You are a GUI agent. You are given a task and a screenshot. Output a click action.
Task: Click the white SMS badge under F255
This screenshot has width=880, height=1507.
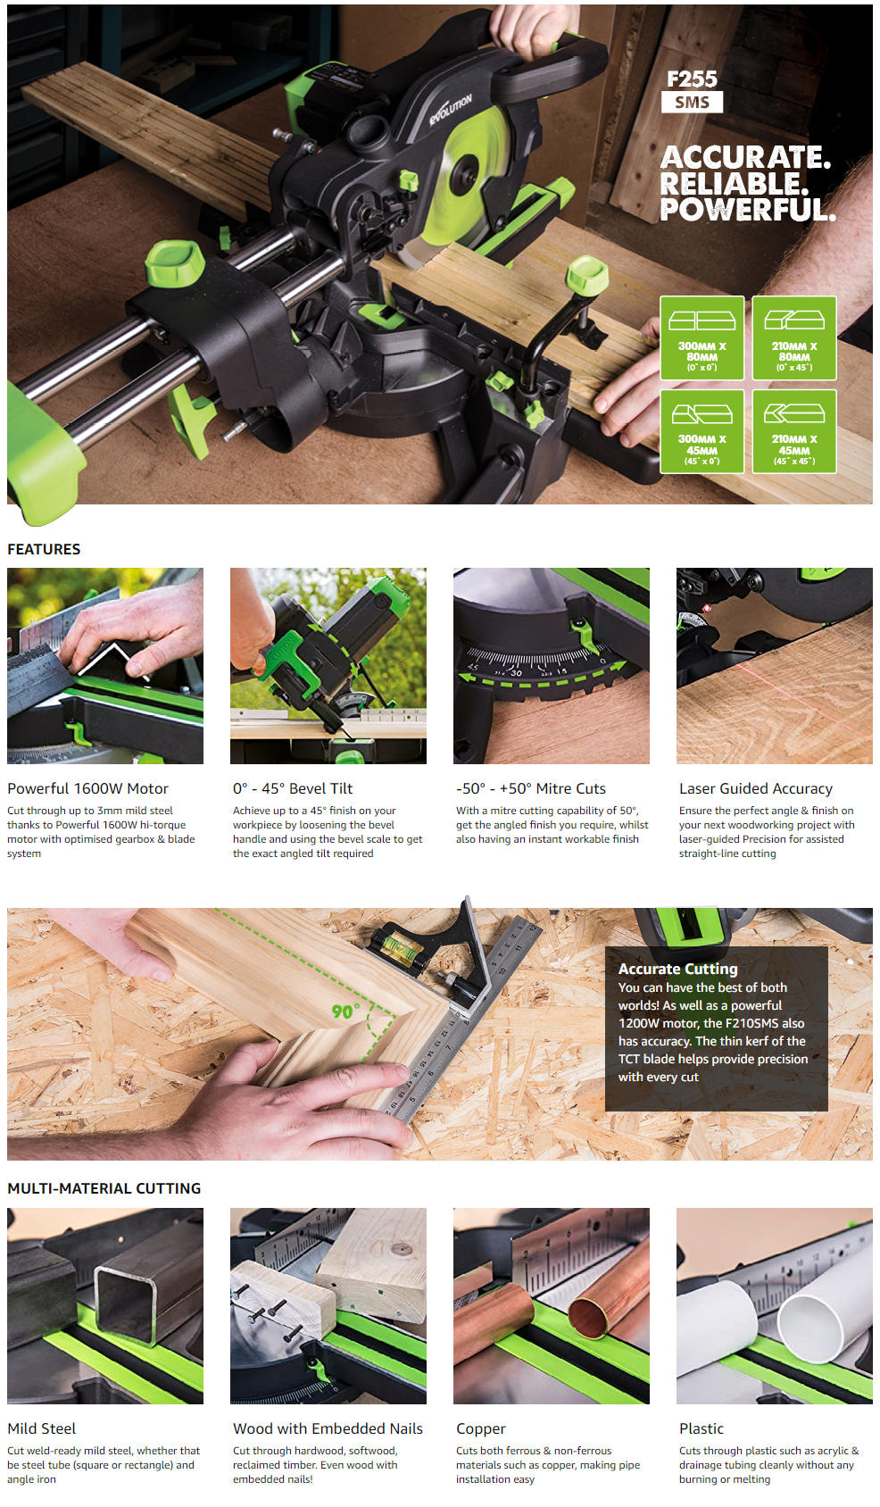click(x=692, y=103)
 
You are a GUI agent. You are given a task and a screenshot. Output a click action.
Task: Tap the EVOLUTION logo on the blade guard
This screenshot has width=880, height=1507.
click(x=451, y=109)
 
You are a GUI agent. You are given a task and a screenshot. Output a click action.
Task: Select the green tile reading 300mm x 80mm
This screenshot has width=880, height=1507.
click(x=702, y=337)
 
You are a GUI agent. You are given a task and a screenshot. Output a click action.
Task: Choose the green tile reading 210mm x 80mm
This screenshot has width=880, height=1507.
click(x=794, y=337)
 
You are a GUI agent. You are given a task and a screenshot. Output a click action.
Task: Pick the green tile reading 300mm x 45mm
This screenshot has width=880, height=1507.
click(x=702, y=431)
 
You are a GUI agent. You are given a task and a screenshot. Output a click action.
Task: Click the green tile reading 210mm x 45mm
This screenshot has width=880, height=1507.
click(x=794, y=431)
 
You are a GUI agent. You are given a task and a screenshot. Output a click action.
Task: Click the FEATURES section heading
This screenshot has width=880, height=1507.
click(x=44, y=549)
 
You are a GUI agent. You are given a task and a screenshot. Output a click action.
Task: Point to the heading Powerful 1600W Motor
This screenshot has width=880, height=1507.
click(x=88, y=788)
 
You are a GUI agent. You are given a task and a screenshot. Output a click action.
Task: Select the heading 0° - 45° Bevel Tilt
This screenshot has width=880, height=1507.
click(x=293, y=788)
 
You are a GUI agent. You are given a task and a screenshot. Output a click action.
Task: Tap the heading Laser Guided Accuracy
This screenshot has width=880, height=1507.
click(x=756, y=788)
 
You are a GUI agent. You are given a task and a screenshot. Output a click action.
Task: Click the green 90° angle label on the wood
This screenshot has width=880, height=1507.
click(x=345, y=1011)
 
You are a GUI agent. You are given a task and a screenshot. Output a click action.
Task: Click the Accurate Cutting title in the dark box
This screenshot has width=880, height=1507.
click(x=677, y=969)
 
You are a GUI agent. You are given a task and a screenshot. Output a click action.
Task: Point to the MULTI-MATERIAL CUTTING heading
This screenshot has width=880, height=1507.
click(x=104, y=1189)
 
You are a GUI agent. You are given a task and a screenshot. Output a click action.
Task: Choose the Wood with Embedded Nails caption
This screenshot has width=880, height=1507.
click(x=328, y=1428)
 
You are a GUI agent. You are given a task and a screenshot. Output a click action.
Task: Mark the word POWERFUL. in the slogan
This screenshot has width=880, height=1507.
click(x=747, y=210)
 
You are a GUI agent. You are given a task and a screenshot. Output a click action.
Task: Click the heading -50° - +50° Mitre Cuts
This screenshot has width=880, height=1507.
click(x=531, y=788)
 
